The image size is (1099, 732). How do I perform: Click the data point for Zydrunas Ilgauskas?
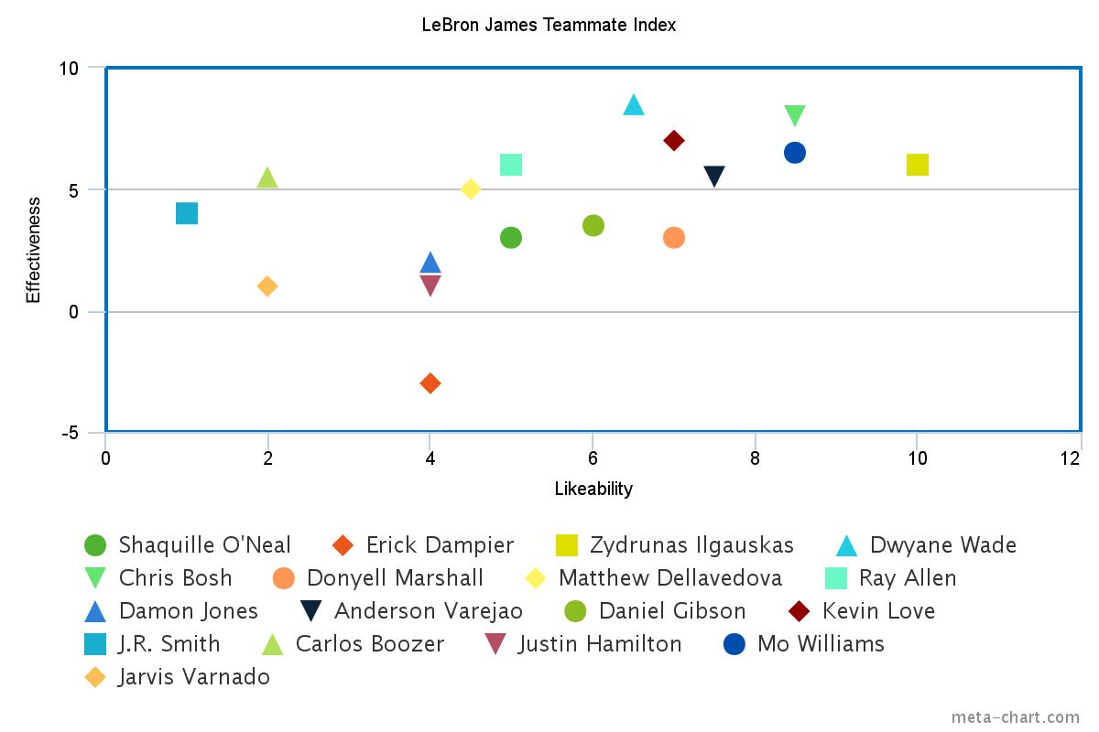click(917, 165)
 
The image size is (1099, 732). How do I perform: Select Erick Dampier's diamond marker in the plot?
click(430, 383)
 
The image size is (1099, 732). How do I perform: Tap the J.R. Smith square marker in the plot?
click(187, 213)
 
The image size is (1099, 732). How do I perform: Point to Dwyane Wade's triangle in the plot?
click(634, 105)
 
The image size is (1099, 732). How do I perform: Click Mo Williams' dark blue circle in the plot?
click(795, 153)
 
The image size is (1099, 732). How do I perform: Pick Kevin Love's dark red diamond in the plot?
click(674, 140)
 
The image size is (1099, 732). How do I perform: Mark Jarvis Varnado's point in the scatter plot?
click(267, 286)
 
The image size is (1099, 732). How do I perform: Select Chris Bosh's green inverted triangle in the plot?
click(795, 115)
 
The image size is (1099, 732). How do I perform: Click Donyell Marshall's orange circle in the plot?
click(674, 238)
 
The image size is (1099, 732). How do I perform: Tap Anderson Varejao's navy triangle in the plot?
click(714, 176)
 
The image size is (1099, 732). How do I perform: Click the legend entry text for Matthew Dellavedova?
click(669, 578)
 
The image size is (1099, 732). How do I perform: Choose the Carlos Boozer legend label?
click(369, 644)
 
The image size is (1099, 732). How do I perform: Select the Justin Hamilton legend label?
click(600, 644)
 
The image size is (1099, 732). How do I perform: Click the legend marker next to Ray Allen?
click(834, 578)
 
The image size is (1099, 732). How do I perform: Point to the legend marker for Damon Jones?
click(95, 611)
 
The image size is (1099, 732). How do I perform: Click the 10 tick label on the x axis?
click(917, 459)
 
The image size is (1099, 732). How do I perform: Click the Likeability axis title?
click(593, 489)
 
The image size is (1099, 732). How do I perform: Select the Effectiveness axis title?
click(33, 249)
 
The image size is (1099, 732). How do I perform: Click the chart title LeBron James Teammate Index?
click(549, 25)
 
